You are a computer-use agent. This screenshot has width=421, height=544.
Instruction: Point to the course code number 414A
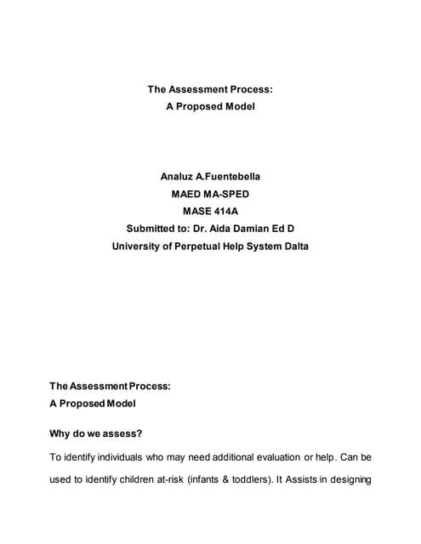click(225, 212)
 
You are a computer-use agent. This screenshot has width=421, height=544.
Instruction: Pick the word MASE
click(196, 212)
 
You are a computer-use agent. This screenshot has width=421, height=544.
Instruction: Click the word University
click(139, 246)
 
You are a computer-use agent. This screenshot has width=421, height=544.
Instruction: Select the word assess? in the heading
click(122, 433)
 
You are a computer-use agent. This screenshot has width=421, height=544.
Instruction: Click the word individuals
click(126, 457)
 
